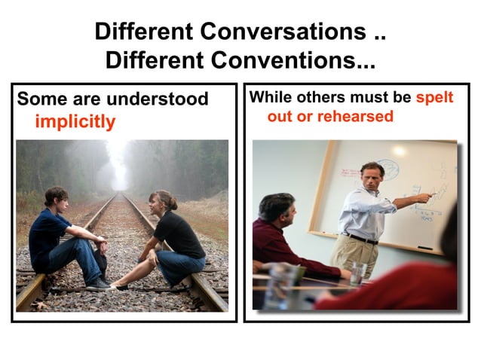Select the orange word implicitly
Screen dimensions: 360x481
pyautogui.click(x=75, y=121)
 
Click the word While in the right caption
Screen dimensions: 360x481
pyautogui.click(x=269, y=98)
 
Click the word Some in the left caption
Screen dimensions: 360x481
pyautogui.click(x=38, y=99)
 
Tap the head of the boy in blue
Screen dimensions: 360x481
pyautogui.click(x=56, y=198)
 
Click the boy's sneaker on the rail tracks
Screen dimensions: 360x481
pyautogui.click(x=98, y=284)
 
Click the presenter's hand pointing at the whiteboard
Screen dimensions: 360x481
pyautogui.click(x=426, y=198)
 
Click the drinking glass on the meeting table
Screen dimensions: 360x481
pyautogui.click(x=358, y=273)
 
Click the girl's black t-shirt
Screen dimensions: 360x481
pyautogui.click(x=180, y=233)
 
